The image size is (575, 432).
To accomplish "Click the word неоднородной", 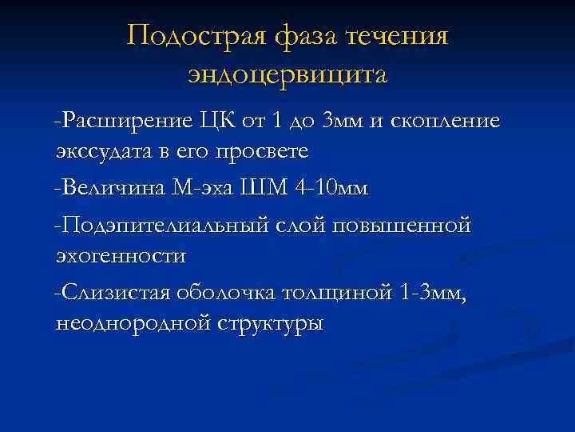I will pos(132,324).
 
